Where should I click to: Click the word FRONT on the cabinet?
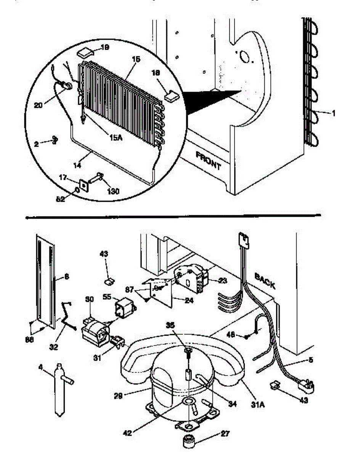coord(208,161)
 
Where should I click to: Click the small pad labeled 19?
coord(85,52)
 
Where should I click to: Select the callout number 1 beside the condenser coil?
coord(334,113)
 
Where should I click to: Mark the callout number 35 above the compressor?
coord(171,325)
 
